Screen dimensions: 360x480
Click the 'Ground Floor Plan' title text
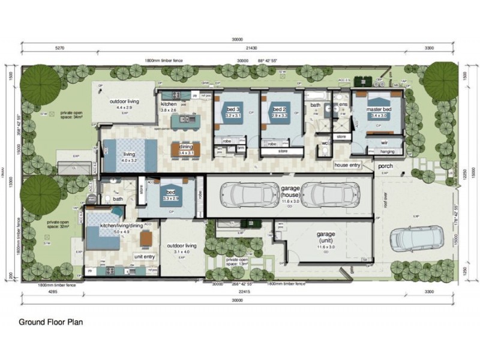(50, 322)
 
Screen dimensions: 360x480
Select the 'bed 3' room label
(233, 110)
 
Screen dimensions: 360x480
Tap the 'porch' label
(385, 166)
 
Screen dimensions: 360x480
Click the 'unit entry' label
(145, 257)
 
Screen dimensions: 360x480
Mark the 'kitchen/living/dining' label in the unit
(122, 226)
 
